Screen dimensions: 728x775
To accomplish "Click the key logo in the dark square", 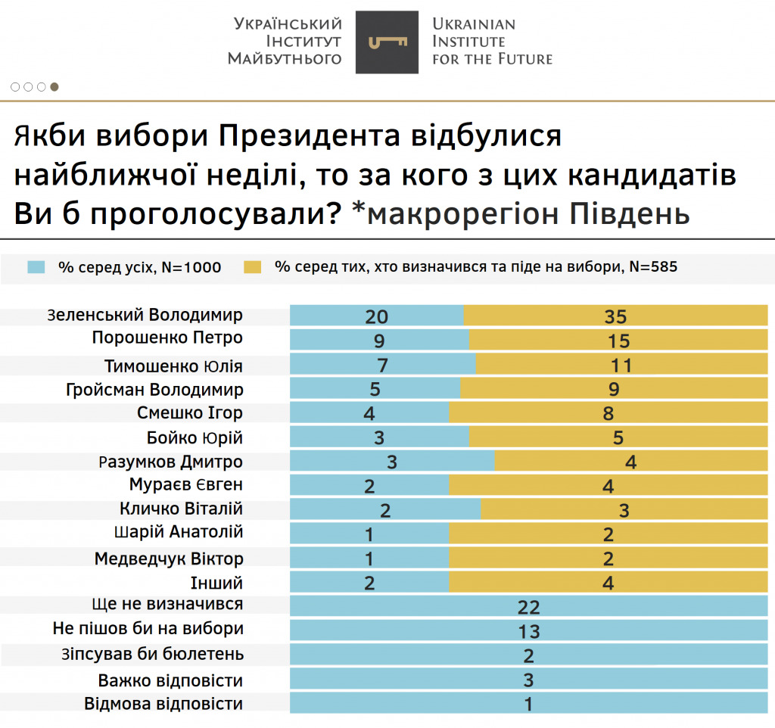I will pos(387,42).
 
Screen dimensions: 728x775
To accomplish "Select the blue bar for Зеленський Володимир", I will pos(376,316).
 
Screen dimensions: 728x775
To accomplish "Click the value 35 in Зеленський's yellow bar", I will pos(617,317).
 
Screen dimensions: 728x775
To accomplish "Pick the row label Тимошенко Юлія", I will pos(174,367).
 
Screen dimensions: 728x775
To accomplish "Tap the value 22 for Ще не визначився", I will pos(529,608).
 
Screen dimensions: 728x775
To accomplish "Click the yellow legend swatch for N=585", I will pos(252,266).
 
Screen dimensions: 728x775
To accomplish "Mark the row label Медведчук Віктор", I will pos(169,559).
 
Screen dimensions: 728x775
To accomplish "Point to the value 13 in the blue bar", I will pos(529,632).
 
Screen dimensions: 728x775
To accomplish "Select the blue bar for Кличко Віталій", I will pos(384,511).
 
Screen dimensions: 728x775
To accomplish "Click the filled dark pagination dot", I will pos(54,87).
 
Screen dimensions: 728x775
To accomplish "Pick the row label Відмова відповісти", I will pos(163,704).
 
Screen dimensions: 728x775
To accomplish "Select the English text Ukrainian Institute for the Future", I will pos(491,41).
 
